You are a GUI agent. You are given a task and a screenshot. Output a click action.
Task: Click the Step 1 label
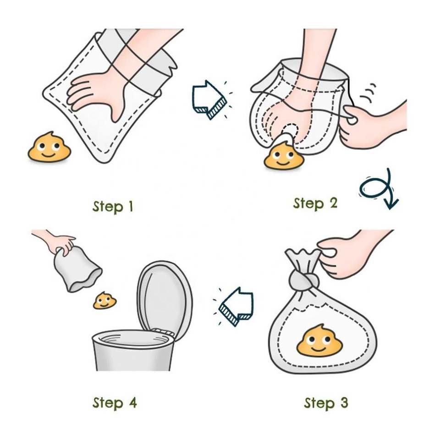click(113, 207)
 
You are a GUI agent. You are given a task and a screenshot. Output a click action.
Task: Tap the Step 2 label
click(315, 203)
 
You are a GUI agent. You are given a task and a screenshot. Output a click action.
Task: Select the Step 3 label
click(326, 403)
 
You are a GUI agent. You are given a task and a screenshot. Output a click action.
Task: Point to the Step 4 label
click(115, 403)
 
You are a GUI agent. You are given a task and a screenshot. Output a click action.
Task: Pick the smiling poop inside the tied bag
click(319, 341)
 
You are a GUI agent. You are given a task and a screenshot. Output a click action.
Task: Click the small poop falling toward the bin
click(104, 301)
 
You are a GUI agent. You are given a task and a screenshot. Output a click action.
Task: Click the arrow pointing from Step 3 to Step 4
click(236, 307)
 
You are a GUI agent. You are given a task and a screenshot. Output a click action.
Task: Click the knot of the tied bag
click(304, 280)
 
